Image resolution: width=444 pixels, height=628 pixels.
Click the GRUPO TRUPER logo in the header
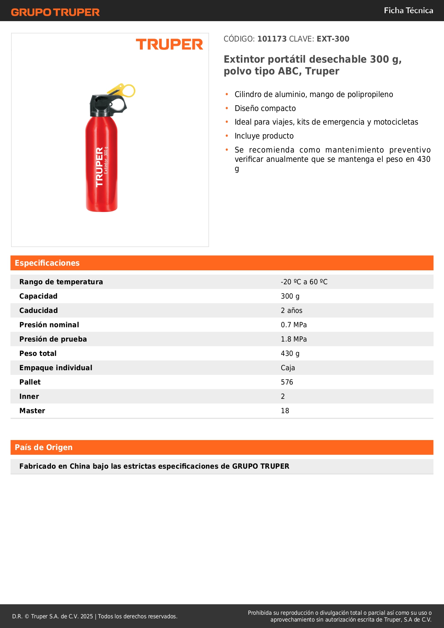pyautogui.click(x=55, y=12)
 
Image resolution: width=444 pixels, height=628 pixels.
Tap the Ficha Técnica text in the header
pyautogui.click(x=408, y=11)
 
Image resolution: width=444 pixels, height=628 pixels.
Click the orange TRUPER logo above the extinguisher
pyautogui.click(x=169, y=44)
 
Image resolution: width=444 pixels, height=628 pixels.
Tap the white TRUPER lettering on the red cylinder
pyautogui.click(x=99, y=167)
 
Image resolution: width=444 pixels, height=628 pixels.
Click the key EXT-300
pyautogui.click(x=333, y=39)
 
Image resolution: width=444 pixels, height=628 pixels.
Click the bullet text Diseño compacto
pyautogui.click(x=265, y=108)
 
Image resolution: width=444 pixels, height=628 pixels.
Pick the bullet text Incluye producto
pyautogui.click(x=264, y=136)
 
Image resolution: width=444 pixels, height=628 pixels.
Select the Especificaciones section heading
pyautogui.click(x=47, y=263)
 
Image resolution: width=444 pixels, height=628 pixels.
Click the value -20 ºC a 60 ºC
pyautogui.click(x=304, y=282)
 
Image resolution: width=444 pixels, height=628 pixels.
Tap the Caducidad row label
pyautogui.click(x=39, y=311)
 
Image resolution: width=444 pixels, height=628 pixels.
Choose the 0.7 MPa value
pyautogui.click(x=294, y=325)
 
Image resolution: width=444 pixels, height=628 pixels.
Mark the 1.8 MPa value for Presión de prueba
pyautogui.click(x=294, y=339)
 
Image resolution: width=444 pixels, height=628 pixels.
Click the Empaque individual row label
pyautogui.click(x=56, y=368)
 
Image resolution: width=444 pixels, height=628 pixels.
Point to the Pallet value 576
pyautogui.click(x=287, y=382)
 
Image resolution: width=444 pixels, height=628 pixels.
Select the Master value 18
pyautogui.click(x=285, y=411)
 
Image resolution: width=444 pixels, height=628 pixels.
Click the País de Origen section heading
pyautogui.click(x=44, y=448)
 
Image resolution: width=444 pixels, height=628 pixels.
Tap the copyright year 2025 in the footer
pyautogui.click(x=87, y=617)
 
